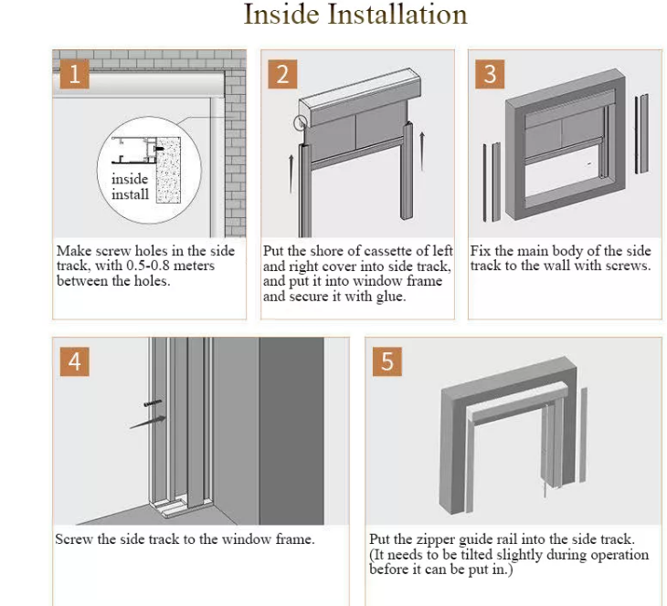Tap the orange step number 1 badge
point(74,74)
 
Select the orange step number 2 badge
point(282,74)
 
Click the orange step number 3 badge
point(490,74)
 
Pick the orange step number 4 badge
point(74,361)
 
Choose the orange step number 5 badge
point(386,361)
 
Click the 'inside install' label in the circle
point(130,186)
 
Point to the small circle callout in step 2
point(301,122)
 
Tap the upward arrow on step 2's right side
point(423,146)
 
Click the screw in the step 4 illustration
point(153,402)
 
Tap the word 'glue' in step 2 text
point(387,296)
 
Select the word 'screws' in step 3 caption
point(628,266)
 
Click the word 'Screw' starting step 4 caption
point(73,539)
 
